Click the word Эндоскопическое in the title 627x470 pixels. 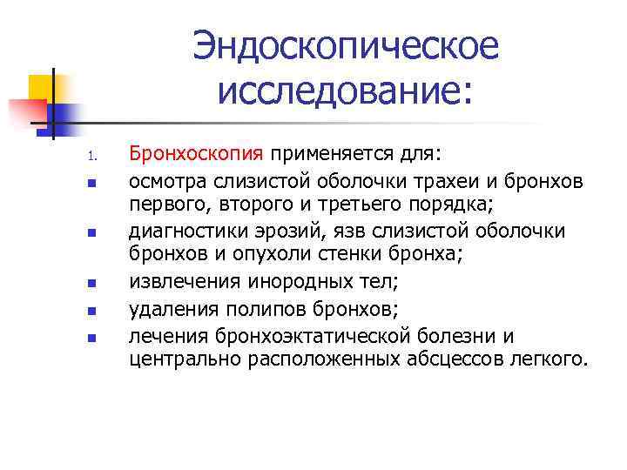(x=347, y=45)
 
